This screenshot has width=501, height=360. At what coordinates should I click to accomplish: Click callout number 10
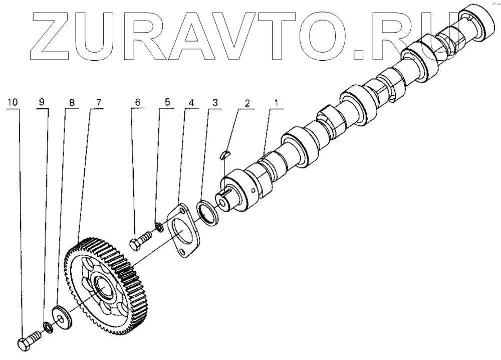pos(13,102)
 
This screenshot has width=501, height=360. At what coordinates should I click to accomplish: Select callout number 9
pos(42,102)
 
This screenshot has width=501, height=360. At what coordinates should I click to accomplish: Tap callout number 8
pos(72,102)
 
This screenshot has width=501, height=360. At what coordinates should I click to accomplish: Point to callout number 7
pos(98,102)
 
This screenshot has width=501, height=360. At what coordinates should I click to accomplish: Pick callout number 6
pos(137,102)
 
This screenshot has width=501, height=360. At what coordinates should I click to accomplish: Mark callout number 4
pos(191,102)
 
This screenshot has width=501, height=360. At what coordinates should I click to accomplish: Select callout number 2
pos(246,102)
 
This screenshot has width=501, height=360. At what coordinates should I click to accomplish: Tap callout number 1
pos(275,102)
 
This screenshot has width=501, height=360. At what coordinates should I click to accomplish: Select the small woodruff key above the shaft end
pos(225,153)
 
